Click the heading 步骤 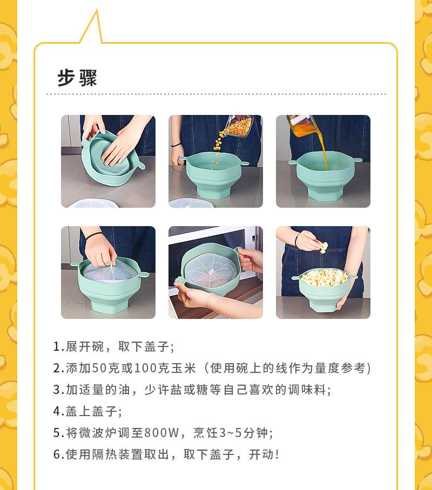point(77,78)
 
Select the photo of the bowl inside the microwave point(215,273)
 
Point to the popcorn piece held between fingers point(323,247)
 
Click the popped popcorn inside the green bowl point(323,278)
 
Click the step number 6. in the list point(58,454)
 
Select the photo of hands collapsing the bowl point(108,161)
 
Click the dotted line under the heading point(216,94)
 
